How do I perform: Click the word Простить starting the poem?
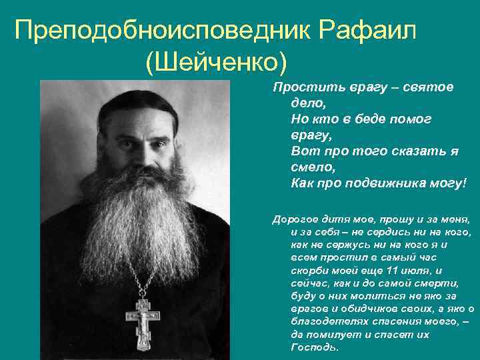[301, 88]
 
